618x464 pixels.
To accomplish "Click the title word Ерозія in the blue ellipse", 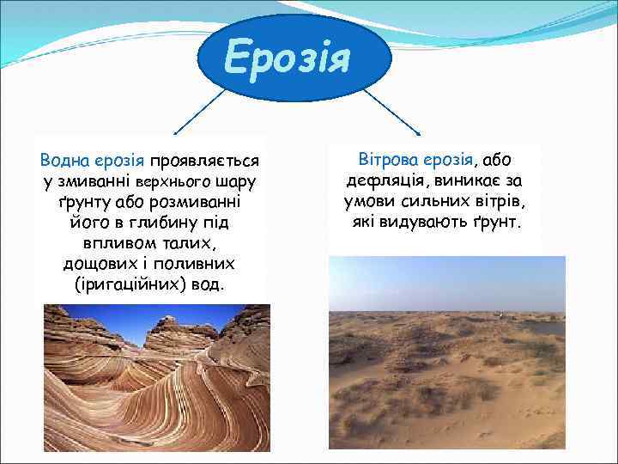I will (x=288, y=58).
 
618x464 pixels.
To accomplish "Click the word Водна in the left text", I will (x=61, y=161).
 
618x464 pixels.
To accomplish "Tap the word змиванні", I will (x=94, y=181).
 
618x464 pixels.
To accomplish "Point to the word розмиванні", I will (x=196, y=202).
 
